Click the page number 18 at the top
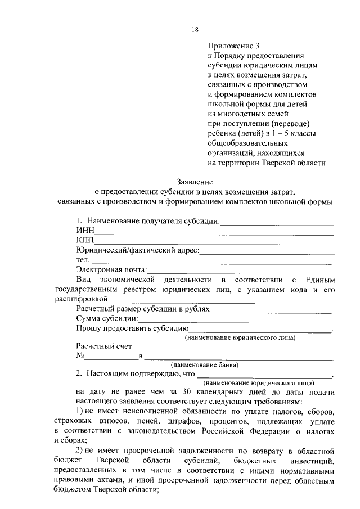click(195, 29)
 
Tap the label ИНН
click(85, 231)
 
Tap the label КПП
click(85, 241)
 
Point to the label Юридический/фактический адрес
click(138, 250)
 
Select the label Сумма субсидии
click(107, 319)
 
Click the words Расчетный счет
click(104, 346)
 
